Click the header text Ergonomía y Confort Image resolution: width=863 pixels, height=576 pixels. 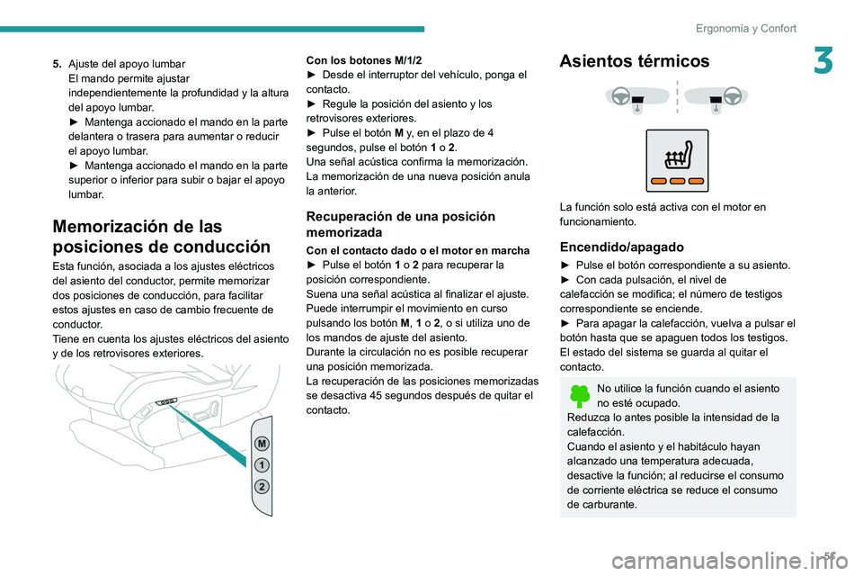coord(745,28)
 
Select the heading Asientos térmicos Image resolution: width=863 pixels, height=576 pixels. coord(634,61)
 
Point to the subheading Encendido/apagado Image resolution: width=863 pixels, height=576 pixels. coord(620,247)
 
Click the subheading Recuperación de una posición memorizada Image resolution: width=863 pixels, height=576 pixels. coord(400,224)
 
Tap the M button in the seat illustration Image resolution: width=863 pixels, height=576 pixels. coord(260,444)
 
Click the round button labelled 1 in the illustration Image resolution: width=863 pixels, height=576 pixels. coord(260,465)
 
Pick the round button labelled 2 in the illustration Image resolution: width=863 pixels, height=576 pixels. coord(260,487)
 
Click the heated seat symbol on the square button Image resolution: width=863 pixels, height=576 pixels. coord(677,159)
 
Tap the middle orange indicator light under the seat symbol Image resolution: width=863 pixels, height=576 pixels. coord(677,181)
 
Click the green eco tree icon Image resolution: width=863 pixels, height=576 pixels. coord(580,396)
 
